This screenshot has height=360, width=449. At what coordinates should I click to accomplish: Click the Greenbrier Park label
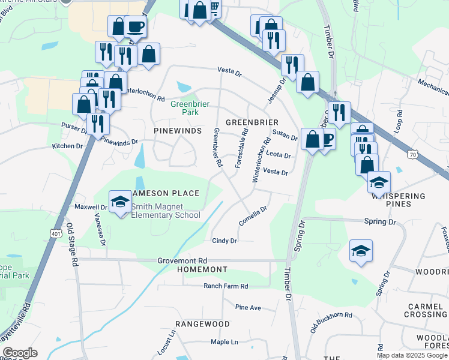pyautogui.click(x=190, y=107)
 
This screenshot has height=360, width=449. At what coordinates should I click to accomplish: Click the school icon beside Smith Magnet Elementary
pyautogui.click(x=121, y=202)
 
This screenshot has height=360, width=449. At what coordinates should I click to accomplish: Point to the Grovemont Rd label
pyautogui.click(x=182, y=261)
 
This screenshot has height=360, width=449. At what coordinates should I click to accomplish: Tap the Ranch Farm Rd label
pyautogui.click(x=226, y=286)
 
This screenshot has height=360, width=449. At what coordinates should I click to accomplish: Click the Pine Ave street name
pyautogui.click(x=248, y=307)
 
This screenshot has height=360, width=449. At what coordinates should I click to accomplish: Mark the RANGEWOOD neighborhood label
pyautogui.click(x=207, y=324)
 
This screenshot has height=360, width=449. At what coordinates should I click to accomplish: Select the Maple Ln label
pyautogui.click(x=224, y=342)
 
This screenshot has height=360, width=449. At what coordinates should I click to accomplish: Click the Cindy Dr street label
pyautogui.click(x=224, y=241)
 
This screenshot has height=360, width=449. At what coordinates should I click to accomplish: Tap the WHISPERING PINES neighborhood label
pyautogui.click(x=398, y=200)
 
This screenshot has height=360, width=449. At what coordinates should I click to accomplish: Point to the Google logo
pyautogui.click(x=20, y=353)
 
